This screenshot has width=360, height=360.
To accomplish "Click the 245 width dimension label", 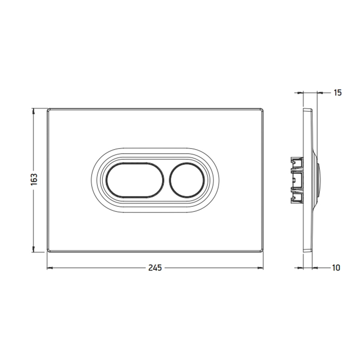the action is (155, 268).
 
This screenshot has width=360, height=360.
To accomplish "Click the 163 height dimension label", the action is (34, 179).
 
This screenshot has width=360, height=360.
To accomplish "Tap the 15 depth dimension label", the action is (337, 93).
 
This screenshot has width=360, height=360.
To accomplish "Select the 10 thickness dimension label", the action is (336, 268).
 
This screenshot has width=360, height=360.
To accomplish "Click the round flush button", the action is (186, 180).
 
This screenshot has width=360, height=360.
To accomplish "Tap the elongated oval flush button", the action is (135, 180).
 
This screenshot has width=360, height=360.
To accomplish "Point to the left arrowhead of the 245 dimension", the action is (50, 268).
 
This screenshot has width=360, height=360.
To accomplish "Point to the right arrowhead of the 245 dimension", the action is (260, 268).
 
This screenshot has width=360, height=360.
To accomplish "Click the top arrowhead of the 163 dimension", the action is (34, 112).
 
